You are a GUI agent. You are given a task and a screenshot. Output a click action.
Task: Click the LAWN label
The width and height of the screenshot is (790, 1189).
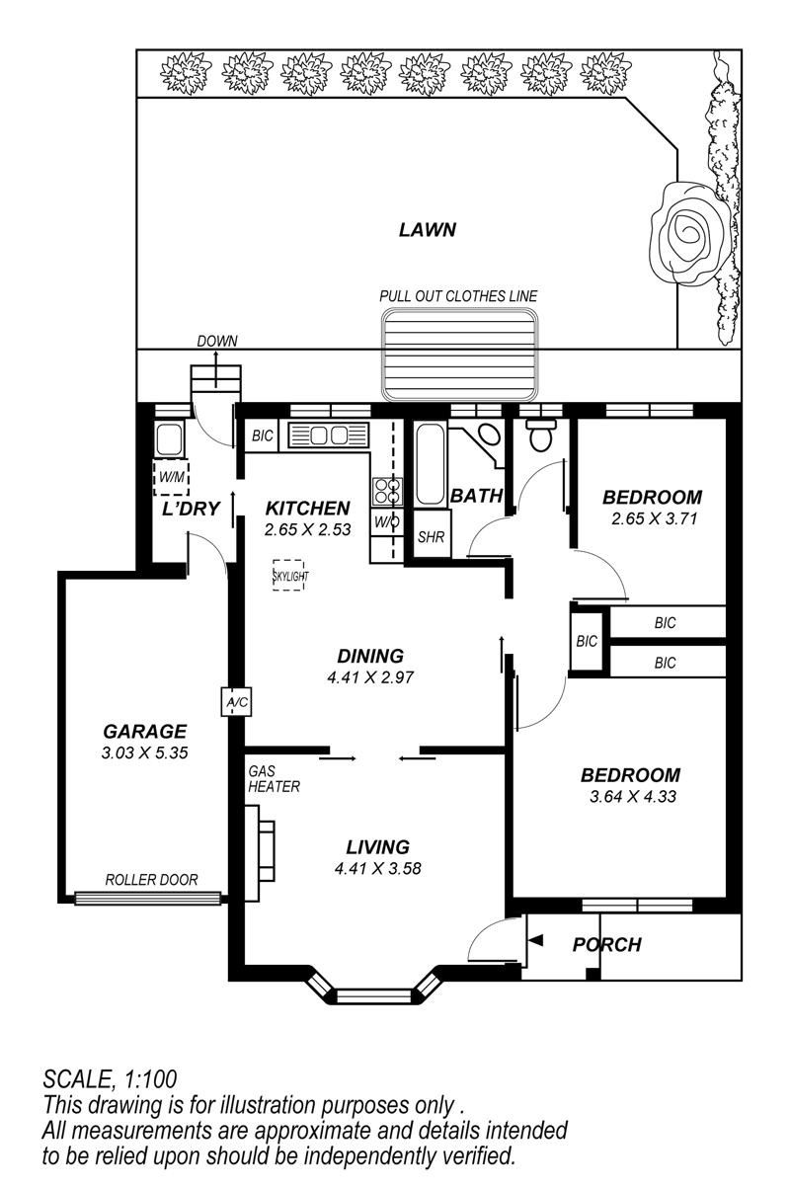pos(428,230)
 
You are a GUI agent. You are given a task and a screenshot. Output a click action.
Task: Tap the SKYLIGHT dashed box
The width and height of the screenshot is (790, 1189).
pos(288,575)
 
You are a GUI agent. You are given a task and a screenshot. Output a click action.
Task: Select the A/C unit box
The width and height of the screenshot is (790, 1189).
pos(236,702)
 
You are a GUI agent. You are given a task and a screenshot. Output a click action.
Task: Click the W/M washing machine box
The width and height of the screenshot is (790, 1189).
pos(171,478)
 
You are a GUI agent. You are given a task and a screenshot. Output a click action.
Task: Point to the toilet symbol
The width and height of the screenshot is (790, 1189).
pos(541,435)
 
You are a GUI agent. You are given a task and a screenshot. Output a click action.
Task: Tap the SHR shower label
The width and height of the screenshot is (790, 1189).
pos(431,537)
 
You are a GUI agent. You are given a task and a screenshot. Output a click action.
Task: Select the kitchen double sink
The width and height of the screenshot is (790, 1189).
pos(329,436)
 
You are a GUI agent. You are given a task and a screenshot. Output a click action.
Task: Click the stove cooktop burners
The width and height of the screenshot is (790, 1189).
pos(387,492)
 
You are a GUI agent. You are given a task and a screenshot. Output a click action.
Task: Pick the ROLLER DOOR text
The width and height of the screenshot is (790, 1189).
pos(151,880)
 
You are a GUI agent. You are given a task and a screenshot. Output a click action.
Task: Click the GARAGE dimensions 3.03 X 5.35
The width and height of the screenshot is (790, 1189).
pos(145,753)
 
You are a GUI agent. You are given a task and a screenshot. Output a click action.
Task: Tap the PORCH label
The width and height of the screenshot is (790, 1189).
pos(607,945)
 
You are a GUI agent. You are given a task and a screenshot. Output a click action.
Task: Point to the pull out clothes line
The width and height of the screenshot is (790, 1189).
pos(460,355)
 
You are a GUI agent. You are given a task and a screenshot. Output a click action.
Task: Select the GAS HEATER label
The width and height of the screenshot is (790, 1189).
pos(274,779)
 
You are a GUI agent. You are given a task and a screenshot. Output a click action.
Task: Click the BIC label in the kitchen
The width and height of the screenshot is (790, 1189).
pos(263,436)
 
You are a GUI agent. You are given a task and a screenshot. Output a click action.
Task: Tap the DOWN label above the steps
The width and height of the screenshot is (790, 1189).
pos(217,341)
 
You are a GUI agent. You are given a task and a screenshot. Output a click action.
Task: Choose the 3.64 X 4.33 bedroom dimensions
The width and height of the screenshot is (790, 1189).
pos(633,797)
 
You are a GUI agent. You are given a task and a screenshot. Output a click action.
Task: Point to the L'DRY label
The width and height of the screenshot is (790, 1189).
pos(191,509)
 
